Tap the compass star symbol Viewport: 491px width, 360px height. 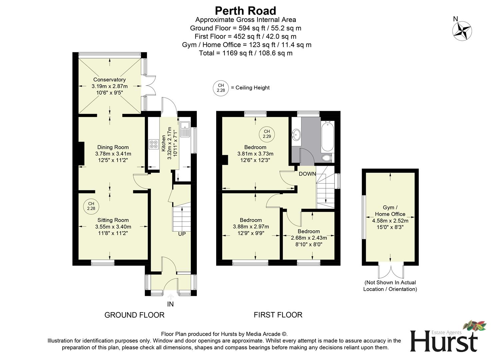[x=462, y=31]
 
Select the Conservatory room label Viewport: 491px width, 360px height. [x=109, y=80]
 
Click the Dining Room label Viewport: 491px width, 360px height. [x=113, y=147]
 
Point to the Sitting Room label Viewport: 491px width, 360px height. [x=113, y=220]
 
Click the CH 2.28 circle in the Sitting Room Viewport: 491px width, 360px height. [x=91, y=206]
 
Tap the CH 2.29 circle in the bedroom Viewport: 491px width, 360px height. [x=267, y=134]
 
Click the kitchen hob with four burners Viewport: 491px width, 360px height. [x=154, y=144]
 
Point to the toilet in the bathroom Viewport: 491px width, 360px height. [x=327, y=158]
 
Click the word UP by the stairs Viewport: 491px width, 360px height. [x=182, y=234]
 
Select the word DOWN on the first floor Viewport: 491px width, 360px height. [x=307, y=174]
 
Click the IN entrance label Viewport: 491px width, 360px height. [x=171, y=304]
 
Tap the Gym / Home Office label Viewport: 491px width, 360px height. [x=390, y=211]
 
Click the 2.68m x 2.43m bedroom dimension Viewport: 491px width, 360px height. [x=309, y=238]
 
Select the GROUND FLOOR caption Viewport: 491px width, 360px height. [x=134, y=315]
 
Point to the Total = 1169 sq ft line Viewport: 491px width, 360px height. [x=245, y=53]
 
